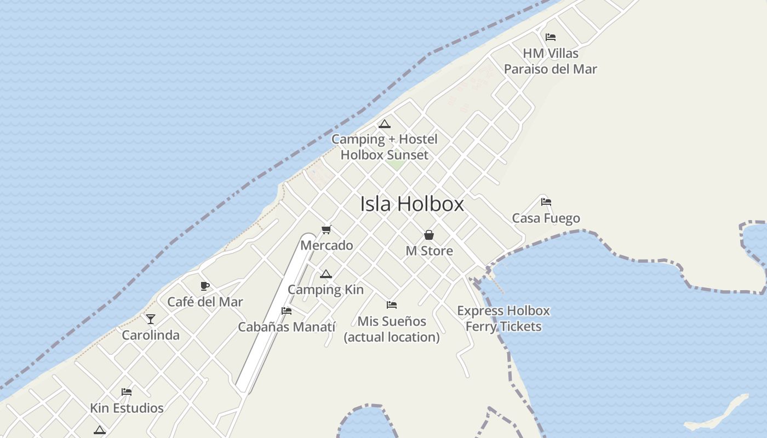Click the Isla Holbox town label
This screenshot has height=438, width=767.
pos(412,204)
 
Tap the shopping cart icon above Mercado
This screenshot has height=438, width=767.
pos(327,229)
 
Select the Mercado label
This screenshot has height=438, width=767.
pos(327,245)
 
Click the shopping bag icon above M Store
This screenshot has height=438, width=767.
pos(429,235)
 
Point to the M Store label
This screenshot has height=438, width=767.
pos(429,251)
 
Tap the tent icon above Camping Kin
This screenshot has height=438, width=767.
pos(326,274)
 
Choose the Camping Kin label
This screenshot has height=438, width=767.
pos(325,290)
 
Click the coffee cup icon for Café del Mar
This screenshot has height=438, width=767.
pos(205,286)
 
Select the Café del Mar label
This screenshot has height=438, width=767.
pos(205,302)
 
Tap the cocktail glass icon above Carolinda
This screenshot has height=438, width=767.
pos(151,319)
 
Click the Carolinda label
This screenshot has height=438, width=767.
pos(151,335)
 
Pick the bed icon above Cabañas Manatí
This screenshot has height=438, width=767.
pos(286,311)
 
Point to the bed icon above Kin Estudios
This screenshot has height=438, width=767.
pos(127,392)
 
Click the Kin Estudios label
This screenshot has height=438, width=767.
pos(127,408)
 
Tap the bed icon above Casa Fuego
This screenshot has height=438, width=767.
pos(546,202)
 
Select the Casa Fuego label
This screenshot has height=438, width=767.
pos(546,218)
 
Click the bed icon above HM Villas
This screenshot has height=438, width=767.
pos(551,37)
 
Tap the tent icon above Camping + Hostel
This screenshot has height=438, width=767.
pos(385,124)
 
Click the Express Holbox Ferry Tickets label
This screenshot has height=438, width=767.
pos(503,319)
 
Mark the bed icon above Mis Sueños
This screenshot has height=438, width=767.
pos(391,305)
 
